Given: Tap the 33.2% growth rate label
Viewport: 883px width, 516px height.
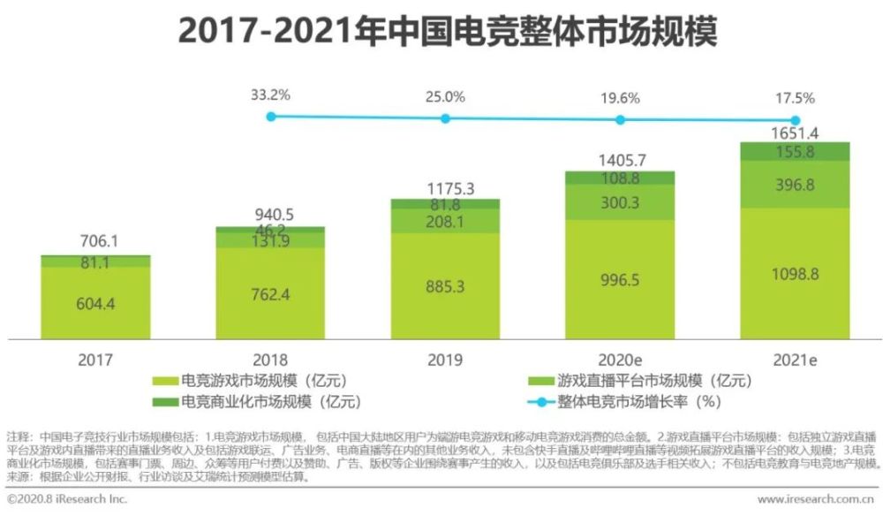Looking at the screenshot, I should click(x=271, y=93).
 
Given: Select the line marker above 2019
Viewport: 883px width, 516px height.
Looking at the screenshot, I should click(x=445, y=118).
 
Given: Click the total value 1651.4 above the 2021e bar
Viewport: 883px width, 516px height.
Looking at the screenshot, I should click(x=795, y=133).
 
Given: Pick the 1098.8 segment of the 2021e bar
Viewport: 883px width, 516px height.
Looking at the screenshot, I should click(x=795, y=273).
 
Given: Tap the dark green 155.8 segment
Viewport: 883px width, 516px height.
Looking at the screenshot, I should click(x=795, y=152).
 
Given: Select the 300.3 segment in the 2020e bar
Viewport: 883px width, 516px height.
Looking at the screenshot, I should click(x=620, y=201).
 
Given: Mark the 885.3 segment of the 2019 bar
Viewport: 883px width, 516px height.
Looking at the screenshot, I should click(x=445, y=286).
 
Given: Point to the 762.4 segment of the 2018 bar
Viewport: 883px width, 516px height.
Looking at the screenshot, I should click(x=270, y=292).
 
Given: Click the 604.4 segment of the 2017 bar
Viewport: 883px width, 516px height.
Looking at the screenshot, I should click(x=95, y=303).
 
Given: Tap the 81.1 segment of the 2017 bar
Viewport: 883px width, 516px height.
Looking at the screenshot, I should click(x=95, y=262).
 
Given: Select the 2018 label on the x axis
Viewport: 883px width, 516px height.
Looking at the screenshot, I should click(x=270, y=360).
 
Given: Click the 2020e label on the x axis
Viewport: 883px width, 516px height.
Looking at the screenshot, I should click(x=620, y=360).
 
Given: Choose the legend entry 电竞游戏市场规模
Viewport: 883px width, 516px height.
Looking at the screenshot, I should click(x=251, y=382).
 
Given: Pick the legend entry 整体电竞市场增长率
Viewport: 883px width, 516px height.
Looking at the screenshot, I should click(x=630, y=402).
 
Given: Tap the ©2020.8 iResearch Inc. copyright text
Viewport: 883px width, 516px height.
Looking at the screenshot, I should click(x=67, y=500).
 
